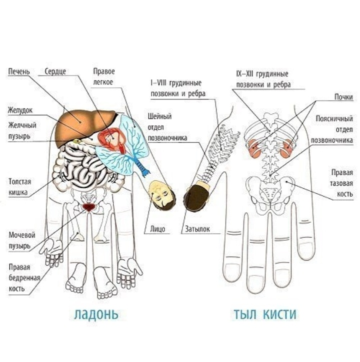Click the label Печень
tap(18, 71)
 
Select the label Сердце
tap(55, 71)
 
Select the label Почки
tap(344, 97)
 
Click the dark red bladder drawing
tap(89, 205)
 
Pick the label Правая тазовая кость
tap(342, 183)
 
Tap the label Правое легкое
tap(103, 76)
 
